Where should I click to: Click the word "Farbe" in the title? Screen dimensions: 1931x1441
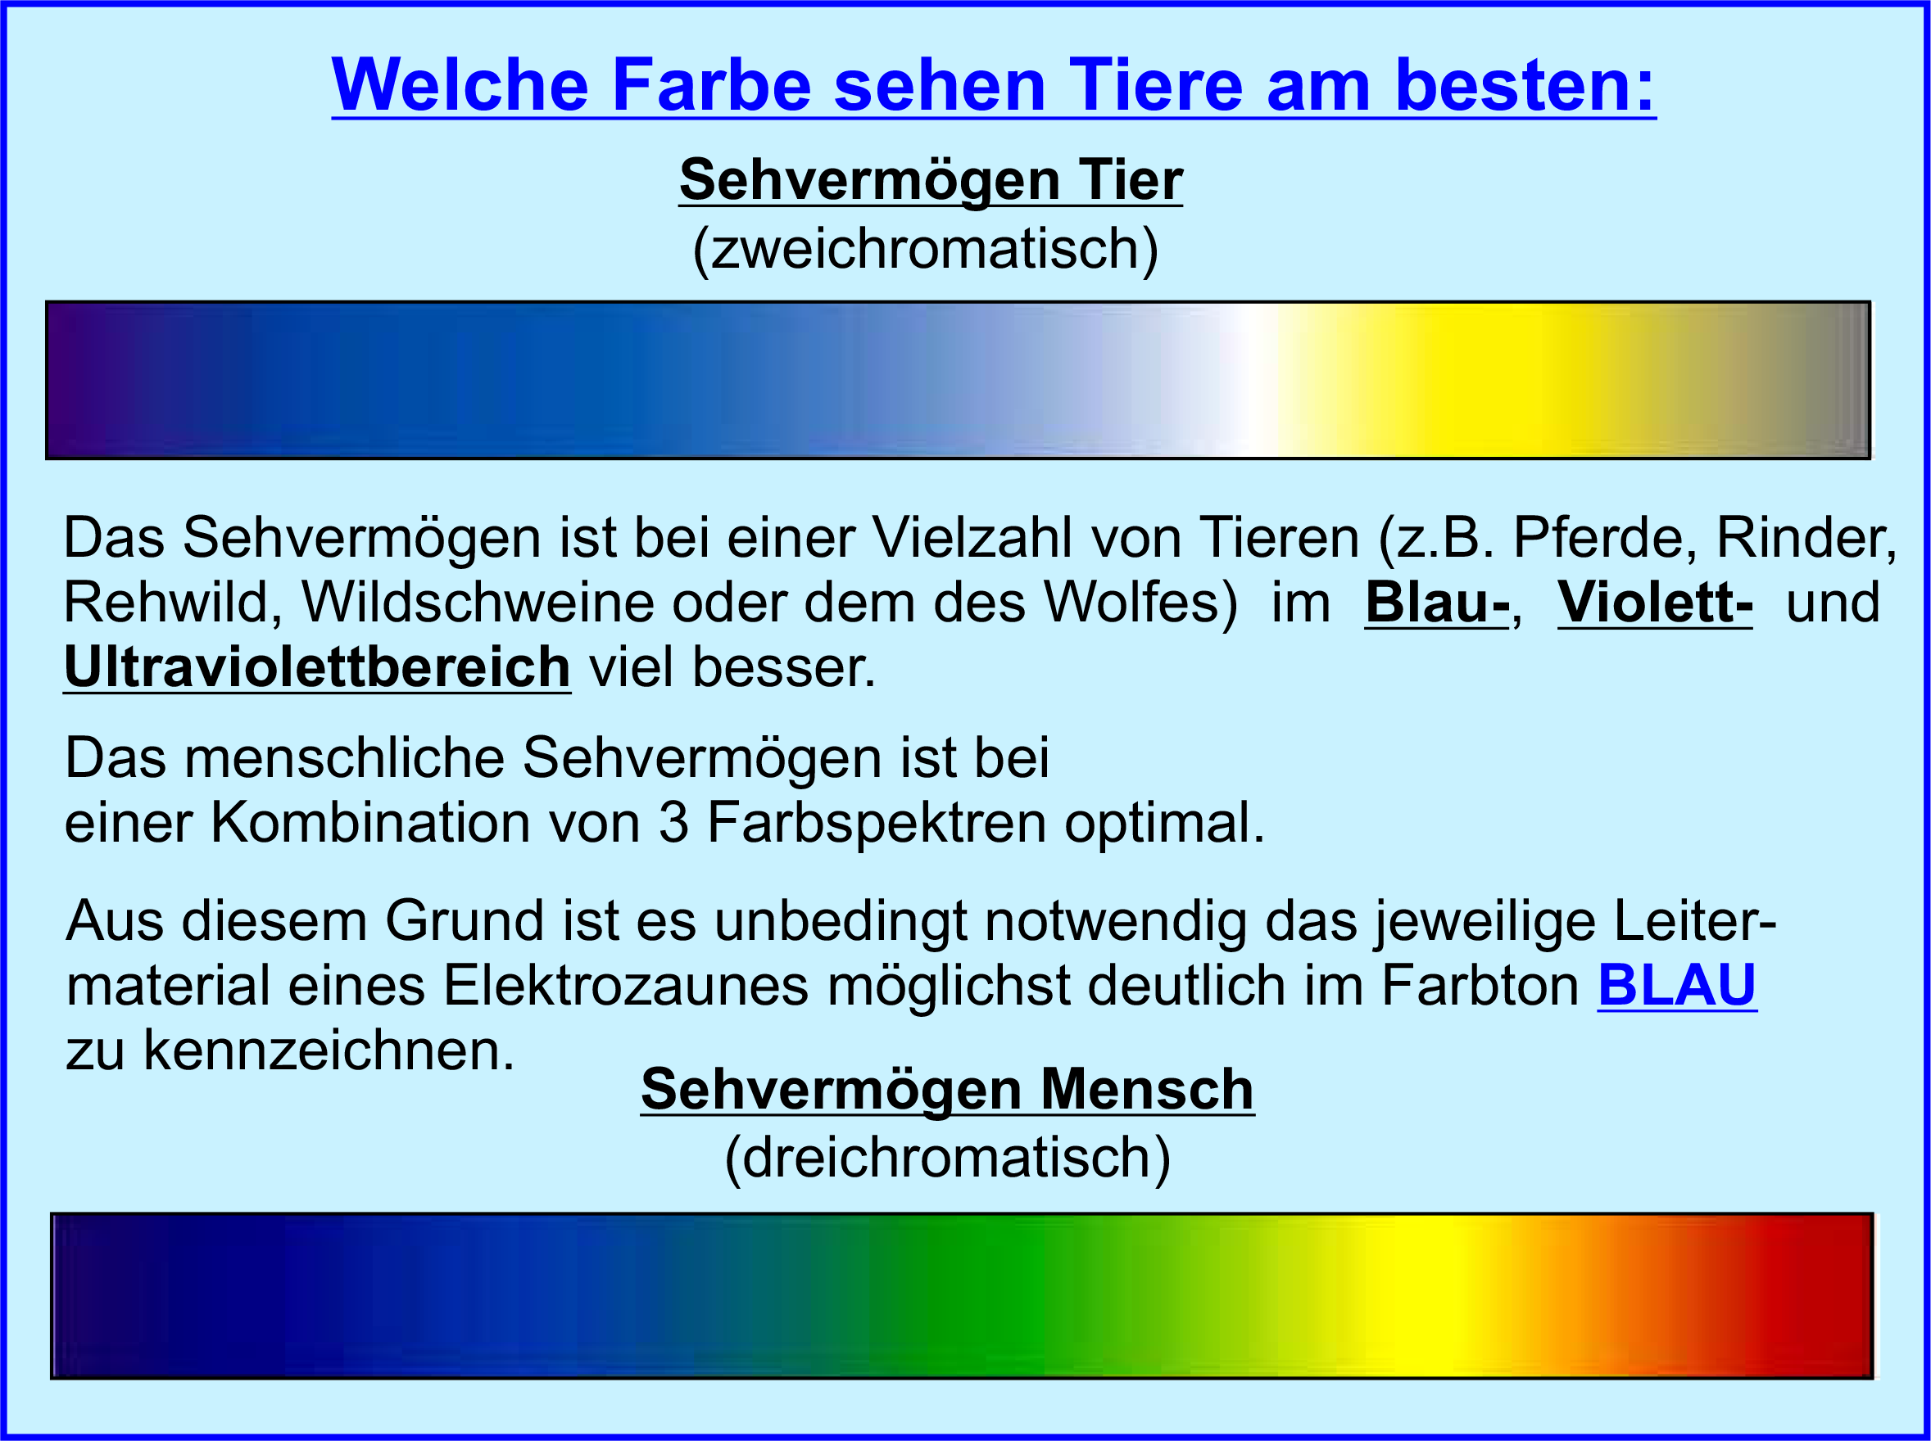[x=711, y=85]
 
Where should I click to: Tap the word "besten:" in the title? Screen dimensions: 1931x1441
[x=1525, y=85]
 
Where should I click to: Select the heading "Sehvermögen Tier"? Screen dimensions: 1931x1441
[x=930, y=181]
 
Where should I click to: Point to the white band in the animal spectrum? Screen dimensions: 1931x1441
[x=1257, y=379]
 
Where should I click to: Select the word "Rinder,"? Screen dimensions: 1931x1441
[x=1806, y=537]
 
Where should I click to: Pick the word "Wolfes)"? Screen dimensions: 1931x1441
[x=1140, y=602]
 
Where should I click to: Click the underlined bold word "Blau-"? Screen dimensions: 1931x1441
[x=1437, y=602]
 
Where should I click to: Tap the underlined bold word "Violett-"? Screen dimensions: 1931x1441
[x=1654, y=602]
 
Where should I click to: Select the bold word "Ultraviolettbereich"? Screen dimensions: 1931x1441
[x=318, y=667]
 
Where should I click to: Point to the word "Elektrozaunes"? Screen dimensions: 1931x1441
[x=627, y=985]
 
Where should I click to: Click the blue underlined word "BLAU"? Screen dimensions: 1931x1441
[x=1676, y=986]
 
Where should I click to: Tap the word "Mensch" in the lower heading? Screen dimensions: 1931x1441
[x=1148, y=1090]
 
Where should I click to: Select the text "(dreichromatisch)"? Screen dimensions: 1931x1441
[x=948, y=1159]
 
